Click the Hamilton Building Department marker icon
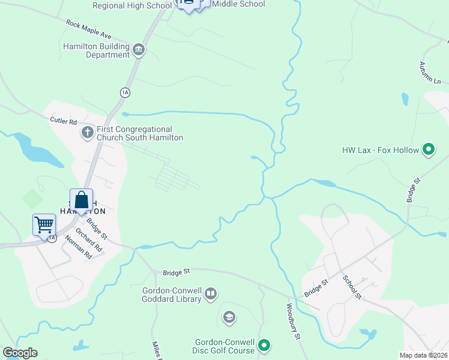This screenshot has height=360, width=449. coord(139,50)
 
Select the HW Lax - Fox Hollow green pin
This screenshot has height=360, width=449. coord(428,149)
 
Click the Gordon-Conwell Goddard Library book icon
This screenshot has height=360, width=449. coord(210,294)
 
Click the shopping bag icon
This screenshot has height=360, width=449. coord(81,200)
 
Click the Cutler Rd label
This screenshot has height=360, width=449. coord(64,121)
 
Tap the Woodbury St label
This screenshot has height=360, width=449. coord(292,322)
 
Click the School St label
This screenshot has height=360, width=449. coord(352,287)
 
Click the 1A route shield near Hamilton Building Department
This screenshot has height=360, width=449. coord(125,92)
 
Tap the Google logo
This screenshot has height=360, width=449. coord(20,353)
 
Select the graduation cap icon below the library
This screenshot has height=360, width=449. coord(229,317)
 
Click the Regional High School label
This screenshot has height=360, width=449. coord(132,5)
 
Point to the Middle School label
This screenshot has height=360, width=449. coord(238,4)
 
